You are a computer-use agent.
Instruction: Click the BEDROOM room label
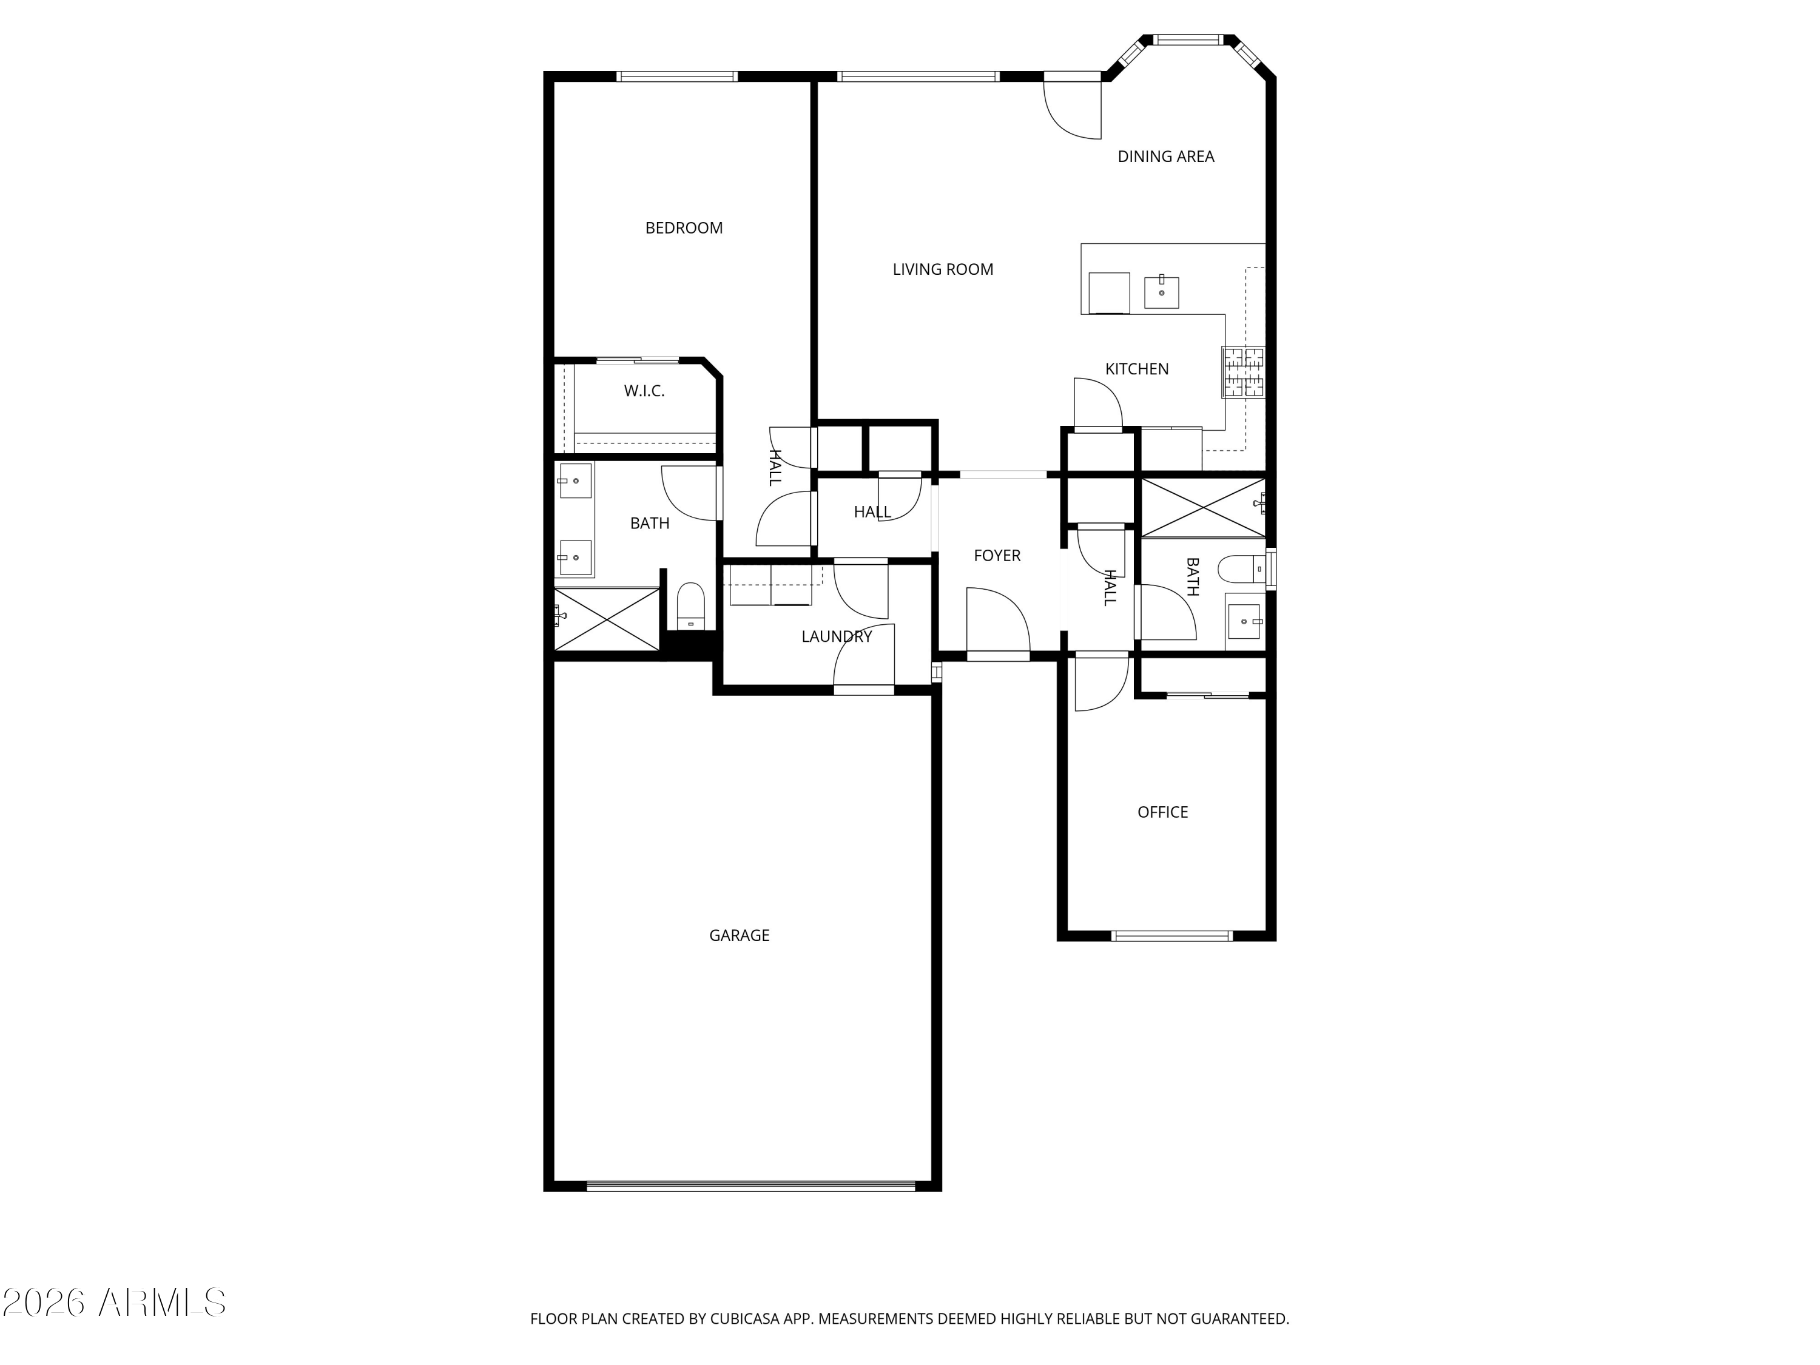pos(684,228)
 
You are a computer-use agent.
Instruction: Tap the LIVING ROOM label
pos(943,269)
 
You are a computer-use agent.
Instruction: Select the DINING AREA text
pos(1166,157)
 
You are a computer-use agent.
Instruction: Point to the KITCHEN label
pos(1136,369)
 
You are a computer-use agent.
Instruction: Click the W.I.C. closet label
pos(644,391)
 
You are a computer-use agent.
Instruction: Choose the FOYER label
pos(997,555)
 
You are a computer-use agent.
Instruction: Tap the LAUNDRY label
pos(837,636)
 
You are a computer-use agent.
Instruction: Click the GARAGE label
pos(739,935)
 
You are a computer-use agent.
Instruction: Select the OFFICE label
pos(1162,812)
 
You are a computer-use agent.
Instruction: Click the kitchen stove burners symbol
pos(1243,372)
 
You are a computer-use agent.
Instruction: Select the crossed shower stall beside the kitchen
pos(1203,508)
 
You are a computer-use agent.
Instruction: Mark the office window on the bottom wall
pos(1171,935)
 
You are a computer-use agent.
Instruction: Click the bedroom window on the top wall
pos(676,76)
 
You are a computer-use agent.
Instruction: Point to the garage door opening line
pos(750,1185)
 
